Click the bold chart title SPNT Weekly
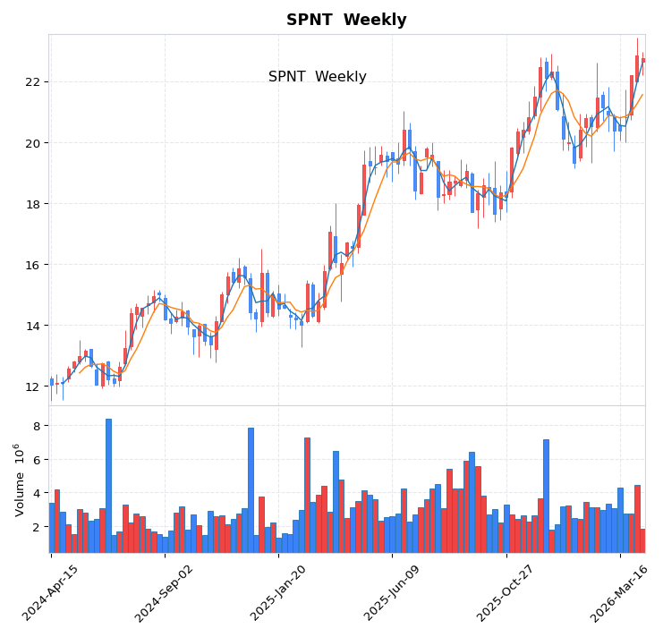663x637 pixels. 346,20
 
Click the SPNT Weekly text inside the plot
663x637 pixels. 317,77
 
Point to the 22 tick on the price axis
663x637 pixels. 32,82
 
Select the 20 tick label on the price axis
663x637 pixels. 32,143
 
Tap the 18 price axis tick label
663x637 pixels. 32,204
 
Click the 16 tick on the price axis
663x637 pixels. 32,265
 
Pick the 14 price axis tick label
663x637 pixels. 32,326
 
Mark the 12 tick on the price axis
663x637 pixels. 32,386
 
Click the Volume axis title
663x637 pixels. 20,480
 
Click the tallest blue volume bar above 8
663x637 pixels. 108,483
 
